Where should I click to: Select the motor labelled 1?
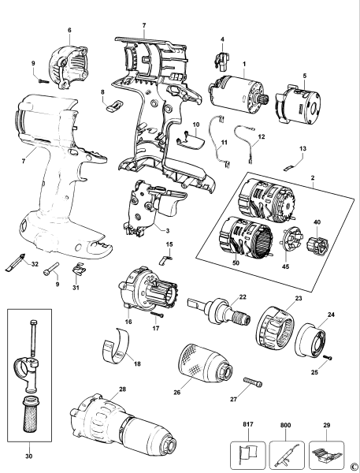coord(236,95)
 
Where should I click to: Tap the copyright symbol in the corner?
coord(354,467)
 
